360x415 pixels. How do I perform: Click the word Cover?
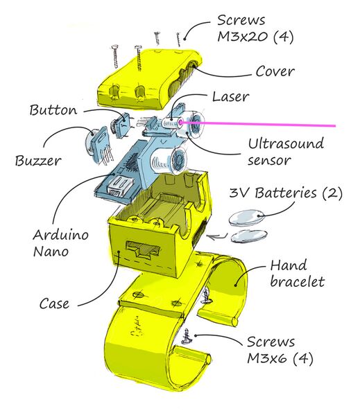tap(275, 71)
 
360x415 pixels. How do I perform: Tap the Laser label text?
tap(231, 96)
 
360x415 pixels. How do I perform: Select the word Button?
tap(53, 110)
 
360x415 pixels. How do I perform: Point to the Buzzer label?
tap(38, 161)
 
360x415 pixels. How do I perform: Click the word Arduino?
tap(60, 234)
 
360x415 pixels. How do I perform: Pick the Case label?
tap(54, 303)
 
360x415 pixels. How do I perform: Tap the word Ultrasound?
tap(286, 143)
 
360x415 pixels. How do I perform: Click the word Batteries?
tap(286, 193)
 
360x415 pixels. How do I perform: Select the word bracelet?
tap(297, 281)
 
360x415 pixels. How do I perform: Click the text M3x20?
tap(242, 36)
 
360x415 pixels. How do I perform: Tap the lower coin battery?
tap(249, 236)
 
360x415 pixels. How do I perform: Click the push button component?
tap(121, 125)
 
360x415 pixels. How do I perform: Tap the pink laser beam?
tap(258, 124)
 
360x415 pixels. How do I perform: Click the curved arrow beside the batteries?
tap(218, 236)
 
